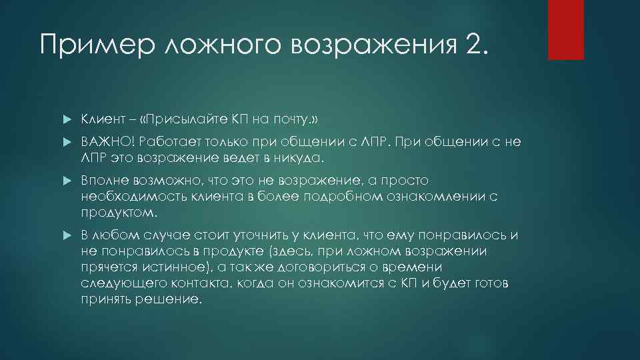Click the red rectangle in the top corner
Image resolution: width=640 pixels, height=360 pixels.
click(566, 30)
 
